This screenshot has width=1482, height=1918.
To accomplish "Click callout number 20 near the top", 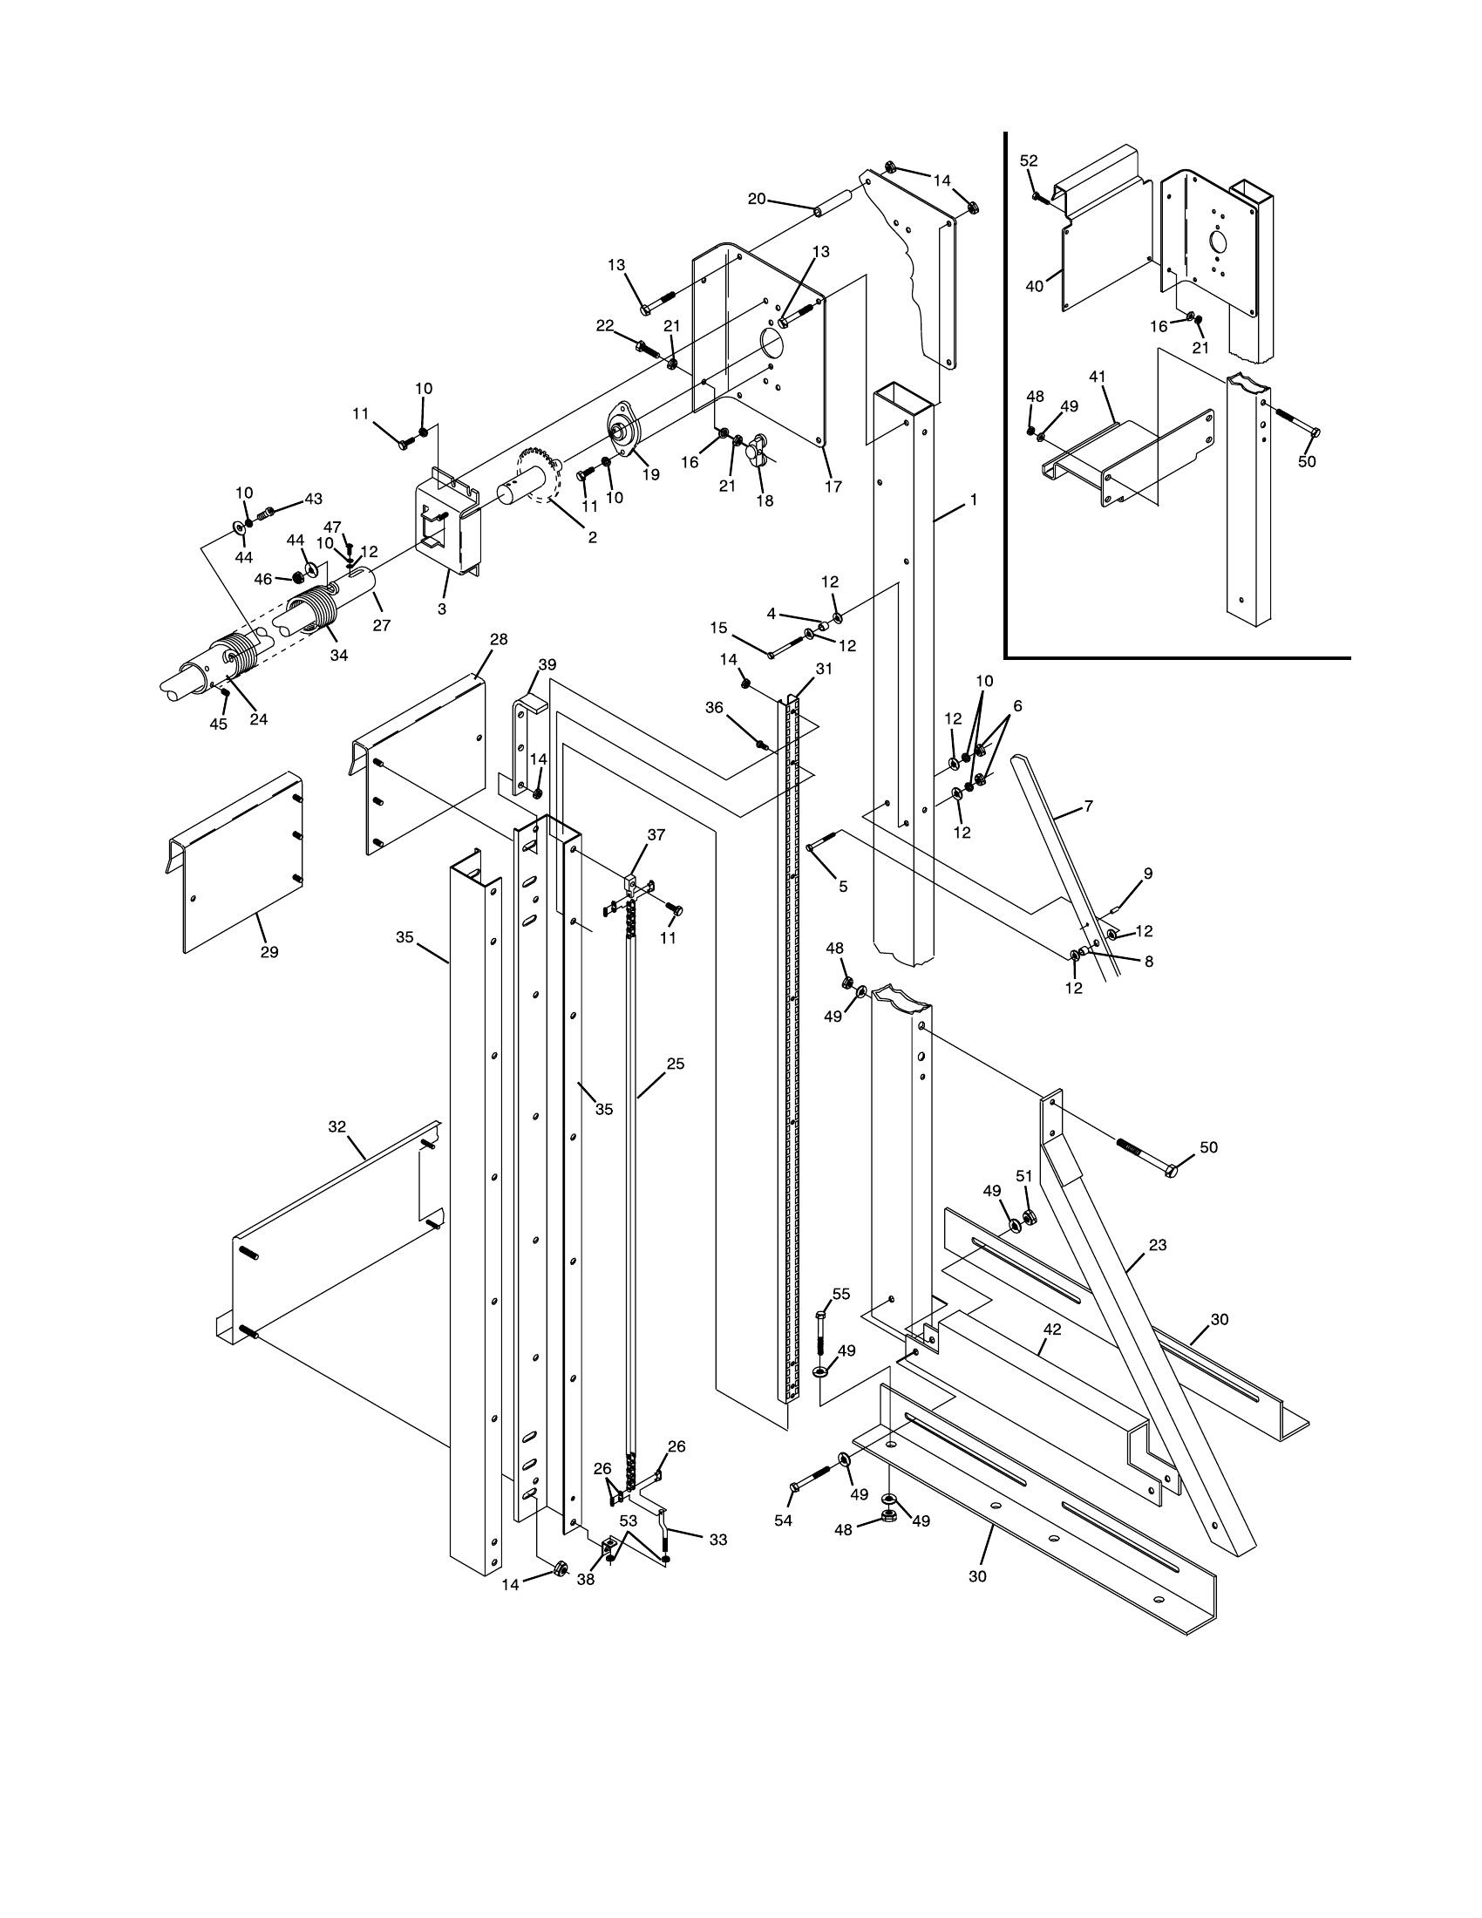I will pyautogui.click(x=756, y=200).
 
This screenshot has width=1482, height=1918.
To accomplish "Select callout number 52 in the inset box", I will pyautogui.click(x=1029, y=160).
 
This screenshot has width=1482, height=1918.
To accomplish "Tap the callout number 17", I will pyautogui.click(x=833, y=486).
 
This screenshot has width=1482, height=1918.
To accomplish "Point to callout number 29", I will pyautogui.click(x=269, y=952).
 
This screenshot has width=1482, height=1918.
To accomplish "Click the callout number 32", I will pyautogui.click(x=337, y=1126).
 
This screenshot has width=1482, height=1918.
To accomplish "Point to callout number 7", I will pyautogui.click(x=1089, y=806).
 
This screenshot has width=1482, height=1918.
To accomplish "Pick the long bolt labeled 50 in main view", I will pyautogui.click(x=1144, y=1159).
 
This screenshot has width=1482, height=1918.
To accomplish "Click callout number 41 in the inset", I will pyautogui.click(x=1097, y=377).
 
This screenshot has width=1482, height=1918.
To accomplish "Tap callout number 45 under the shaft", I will pyautogui.click(x=218, y=724).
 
